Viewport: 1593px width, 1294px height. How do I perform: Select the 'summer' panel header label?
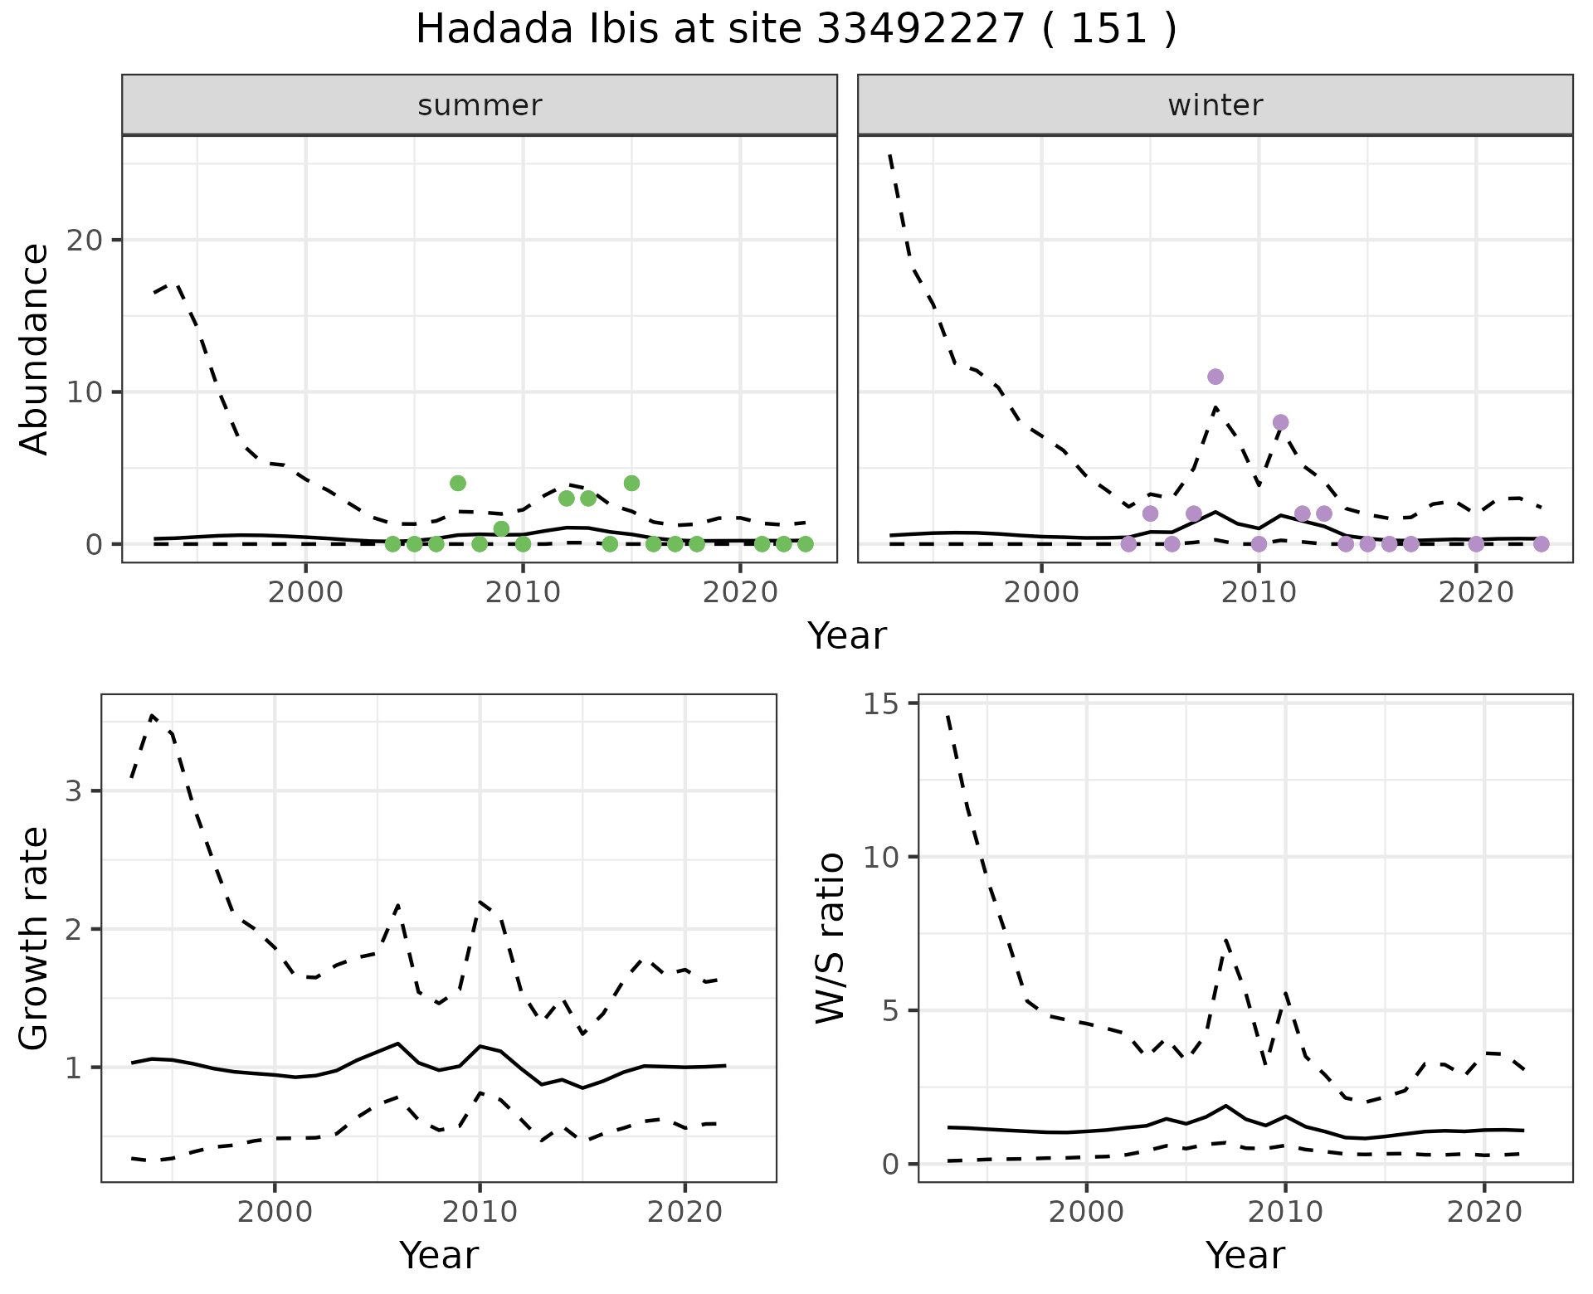pos(480,105)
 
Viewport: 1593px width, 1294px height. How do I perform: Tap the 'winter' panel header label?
pos(1215,105)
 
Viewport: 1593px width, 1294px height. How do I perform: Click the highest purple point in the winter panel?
pos(1215,377)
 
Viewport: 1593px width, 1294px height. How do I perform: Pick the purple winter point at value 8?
pos(1280,422)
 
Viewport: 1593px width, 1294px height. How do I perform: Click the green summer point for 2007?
pos(458,483)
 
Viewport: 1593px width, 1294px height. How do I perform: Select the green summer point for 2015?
pos(631,483)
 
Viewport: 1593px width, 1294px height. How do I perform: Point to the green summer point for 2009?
pos(501,528)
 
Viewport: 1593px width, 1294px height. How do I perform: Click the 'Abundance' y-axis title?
pos(35,349)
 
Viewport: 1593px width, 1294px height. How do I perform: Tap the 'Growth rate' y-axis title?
pos(35,938)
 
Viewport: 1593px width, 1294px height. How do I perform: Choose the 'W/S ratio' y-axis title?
pos(830,938)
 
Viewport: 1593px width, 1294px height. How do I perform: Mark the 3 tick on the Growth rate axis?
pos(75,791)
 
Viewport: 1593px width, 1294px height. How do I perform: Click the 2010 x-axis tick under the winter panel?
pos(1259,592)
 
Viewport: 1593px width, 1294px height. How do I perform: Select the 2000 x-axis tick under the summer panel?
pos(306,592)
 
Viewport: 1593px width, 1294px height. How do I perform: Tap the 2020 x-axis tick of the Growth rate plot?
pos(684,1212)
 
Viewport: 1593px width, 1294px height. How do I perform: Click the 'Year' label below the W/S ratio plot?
pos(1245,1256)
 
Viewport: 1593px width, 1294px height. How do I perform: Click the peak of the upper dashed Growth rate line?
pos(152,715)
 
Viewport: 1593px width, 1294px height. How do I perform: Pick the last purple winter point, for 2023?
pos(1541,544)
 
